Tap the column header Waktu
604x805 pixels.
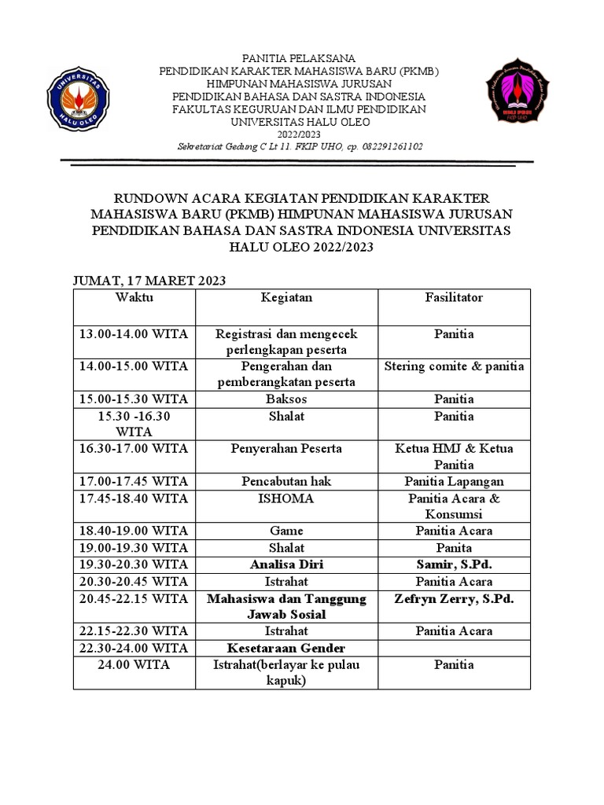coord(134,298)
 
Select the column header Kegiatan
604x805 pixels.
coord(286,298)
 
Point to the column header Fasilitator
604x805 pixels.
coord(454,298)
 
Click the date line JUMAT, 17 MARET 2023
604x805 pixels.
coord(149,281)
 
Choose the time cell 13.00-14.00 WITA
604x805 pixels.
coord(134,334)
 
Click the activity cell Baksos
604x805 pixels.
coord(286,399)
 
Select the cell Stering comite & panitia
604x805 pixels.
coord(454,366)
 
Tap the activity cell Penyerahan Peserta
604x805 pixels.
coord(286,449)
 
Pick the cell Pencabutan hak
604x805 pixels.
coord(286,482)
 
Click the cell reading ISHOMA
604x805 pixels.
coord(286,498)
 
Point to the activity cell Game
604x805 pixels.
coord(286,531)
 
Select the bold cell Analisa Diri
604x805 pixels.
coord(286,564)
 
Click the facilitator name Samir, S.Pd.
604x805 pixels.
coord(454,564)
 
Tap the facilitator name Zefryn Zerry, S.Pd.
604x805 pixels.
coord(454,599)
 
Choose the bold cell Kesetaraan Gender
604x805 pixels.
coord(286,649)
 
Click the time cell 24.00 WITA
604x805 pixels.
coord(134,665)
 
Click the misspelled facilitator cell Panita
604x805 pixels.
coord(454,548)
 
